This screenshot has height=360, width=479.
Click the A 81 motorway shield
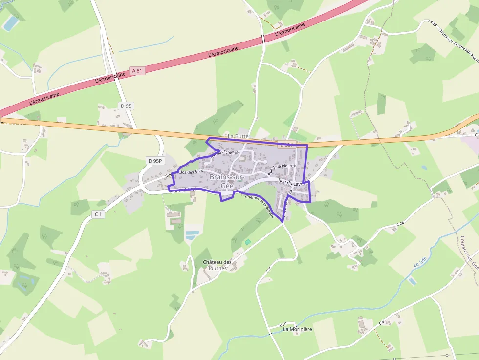[x=137, y=71]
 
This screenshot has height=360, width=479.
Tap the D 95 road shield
[x=126, y=106]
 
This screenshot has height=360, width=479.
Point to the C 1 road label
[x=98, y=214]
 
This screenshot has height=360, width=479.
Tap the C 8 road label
[x=382, y=322]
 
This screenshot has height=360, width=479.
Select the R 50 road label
[x=283, y=324]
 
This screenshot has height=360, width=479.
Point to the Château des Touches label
[x=217, y=265]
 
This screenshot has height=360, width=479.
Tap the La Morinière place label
[x=298, y=329]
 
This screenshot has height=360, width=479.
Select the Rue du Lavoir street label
[x=292, y=182]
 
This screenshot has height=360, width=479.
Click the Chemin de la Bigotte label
[x=260, y=206]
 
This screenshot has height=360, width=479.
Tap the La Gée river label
[x=420, y=263]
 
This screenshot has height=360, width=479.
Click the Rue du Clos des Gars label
[x=184, y=173]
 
